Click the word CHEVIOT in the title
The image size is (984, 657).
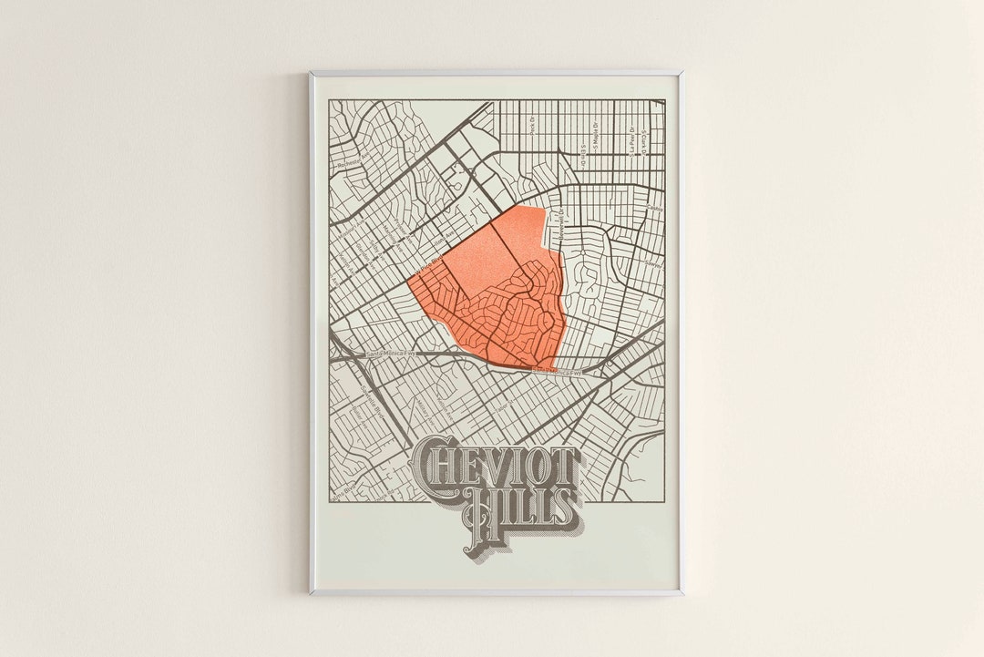tap(497, 466)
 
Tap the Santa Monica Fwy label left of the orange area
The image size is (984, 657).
tap(390, 354)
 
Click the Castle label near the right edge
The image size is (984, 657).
tap(652, 209)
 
